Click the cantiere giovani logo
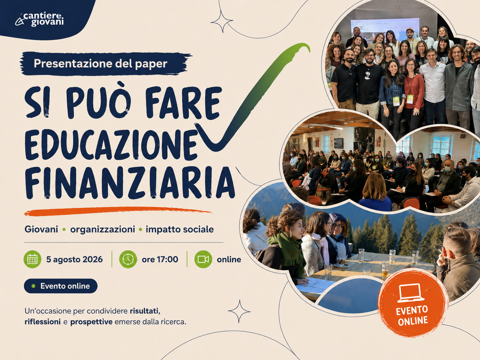[39, 20]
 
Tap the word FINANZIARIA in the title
[130, 183]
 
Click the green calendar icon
[32, 259]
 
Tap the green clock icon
[128, 259]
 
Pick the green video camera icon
[203, 259]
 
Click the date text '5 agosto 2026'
[75, 260]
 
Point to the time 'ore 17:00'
[160, 260]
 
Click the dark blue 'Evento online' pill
[61, 286]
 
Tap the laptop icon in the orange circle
[411, 293]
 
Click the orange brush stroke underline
[118, 211]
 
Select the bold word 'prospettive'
[91, 322]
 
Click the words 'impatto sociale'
[180, 229]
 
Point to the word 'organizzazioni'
[102, 230]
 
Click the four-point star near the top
[222, 22]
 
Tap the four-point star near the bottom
[239, 311]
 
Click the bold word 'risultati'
[145, 311]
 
